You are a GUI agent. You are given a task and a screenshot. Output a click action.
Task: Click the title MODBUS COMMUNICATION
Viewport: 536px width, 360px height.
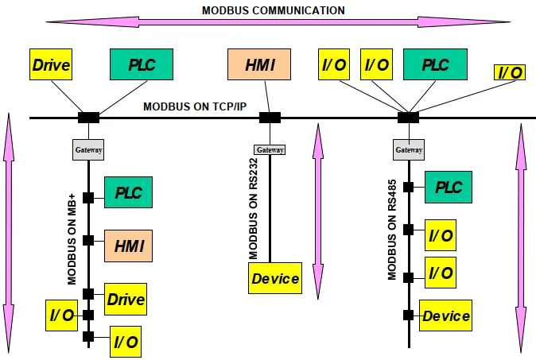click(x=273, y=10)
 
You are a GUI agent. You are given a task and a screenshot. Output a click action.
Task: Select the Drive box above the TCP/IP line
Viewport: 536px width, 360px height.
click(x=51, y=64)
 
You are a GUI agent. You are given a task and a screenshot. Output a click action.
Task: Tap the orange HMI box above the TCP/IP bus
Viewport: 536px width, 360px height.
click(x=259, y=64)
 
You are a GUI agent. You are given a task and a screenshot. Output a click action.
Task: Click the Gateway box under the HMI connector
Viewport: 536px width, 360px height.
click(x=270, y=149)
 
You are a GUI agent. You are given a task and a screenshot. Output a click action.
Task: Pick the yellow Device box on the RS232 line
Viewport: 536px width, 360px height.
click(x=275, y=278)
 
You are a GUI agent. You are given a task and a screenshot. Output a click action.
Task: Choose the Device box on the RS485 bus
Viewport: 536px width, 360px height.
click(x=446, y=315)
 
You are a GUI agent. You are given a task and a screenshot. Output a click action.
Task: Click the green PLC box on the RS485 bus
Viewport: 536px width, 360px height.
click(x=449, y=188)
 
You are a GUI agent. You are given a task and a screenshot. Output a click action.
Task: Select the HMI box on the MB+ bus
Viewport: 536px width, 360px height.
click(x=129, y=246)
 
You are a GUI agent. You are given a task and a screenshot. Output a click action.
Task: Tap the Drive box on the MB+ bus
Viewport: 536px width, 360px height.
click(x=126, y=299)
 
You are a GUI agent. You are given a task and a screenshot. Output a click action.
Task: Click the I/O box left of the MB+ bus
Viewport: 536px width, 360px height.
click(x=61, y=315)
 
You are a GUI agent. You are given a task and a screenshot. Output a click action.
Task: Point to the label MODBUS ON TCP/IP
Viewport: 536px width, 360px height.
click(x=195, y=106)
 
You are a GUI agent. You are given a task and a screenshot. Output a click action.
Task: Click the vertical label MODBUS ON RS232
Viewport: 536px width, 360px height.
click(x=254, y=209)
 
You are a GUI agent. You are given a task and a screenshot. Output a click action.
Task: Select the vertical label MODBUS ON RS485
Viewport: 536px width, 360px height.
click(x=392, y=230)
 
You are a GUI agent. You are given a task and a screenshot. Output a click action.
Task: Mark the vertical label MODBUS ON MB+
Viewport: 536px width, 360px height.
click(x=72, y=239)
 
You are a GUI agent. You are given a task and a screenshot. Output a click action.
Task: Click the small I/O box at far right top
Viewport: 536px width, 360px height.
click(x=510, y=72)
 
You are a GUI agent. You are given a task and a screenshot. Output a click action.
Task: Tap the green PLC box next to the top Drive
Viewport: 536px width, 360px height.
click(x=142, y=64)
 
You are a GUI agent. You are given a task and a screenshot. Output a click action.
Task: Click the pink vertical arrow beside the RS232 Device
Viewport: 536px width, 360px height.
click(x=318, y=211)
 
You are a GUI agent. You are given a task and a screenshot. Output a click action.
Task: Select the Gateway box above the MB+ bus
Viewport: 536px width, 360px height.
click(x=88, y=149)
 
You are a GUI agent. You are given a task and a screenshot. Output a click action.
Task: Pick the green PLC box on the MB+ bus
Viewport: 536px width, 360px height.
click(x=129, y=192)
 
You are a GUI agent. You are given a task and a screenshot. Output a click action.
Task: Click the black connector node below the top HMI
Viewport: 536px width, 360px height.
click(x=270, y=118)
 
